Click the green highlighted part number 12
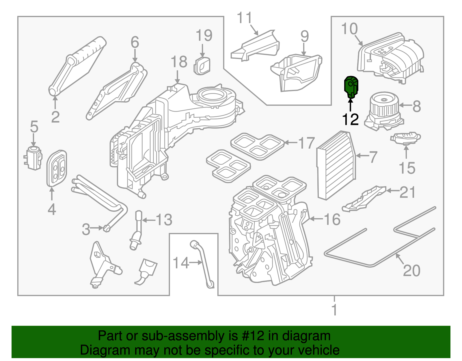[351, 86]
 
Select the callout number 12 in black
[350, 119]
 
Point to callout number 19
[204, 36]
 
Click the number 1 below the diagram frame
[334, 310]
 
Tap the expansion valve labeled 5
[33, 158]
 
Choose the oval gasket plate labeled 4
[57, 168]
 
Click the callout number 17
[306, 143]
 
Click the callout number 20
[411, 270]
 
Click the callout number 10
[349, 29]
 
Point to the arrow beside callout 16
[315, 219]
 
